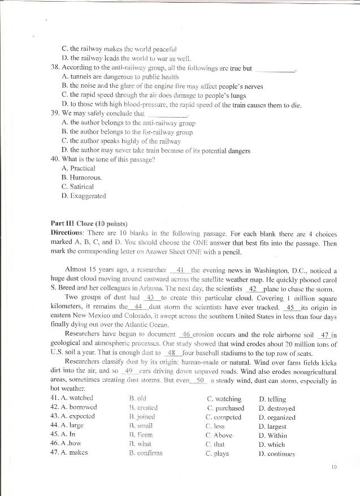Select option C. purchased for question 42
pyautogui.click(x=225, y=408)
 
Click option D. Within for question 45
pyautogui.click(x=273, y=435)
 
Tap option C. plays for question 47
pyautogui.click(x=218, y=453)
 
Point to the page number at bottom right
pyautogui.click(x=335, y=467)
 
